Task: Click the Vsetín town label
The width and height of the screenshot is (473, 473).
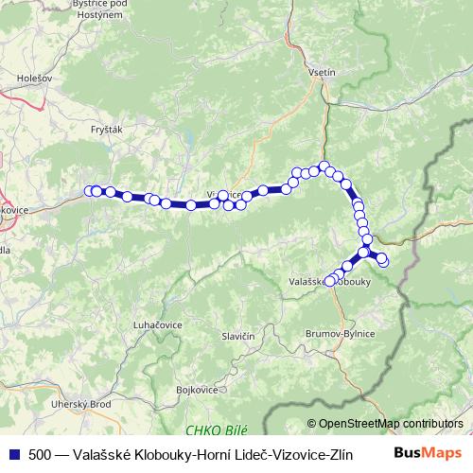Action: point(323,73)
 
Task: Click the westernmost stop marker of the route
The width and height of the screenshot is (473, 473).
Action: point(90,191)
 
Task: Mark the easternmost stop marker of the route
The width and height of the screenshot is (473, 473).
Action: point(383,261)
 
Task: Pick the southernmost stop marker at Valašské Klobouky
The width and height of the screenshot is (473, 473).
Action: point(329,281)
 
